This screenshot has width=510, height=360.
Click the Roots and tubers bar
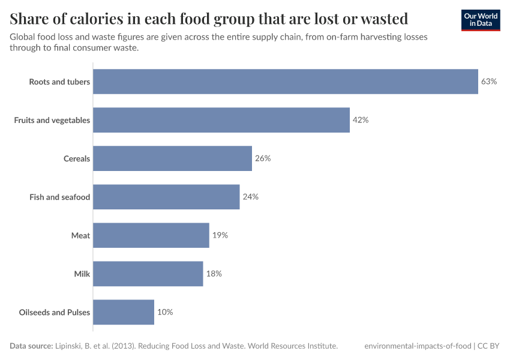(286, 82)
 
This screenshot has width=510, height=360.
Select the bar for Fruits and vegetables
(221, 120)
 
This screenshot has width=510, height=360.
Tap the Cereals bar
(172, 158)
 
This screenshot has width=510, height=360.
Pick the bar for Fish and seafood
(166, 197)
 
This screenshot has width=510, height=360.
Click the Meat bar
(151, 235)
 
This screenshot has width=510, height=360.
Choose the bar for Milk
(148, 274)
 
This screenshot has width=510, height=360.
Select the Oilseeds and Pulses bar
(124, 312)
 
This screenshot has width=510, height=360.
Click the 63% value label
(489, 82)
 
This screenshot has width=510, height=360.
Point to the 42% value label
(361, 120)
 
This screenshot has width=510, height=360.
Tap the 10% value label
(165, 312)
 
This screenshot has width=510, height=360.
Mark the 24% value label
(250, 197)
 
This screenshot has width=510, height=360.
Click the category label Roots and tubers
(59, 82)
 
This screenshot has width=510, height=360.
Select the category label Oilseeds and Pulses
(55, 312)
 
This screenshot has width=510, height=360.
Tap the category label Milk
(82, 274)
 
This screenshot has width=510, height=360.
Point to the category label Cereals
(77, 158)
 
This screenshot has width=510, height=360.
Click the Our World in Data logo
(480, 20)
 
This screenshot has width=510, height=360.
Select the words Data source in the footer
(31, 346)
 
